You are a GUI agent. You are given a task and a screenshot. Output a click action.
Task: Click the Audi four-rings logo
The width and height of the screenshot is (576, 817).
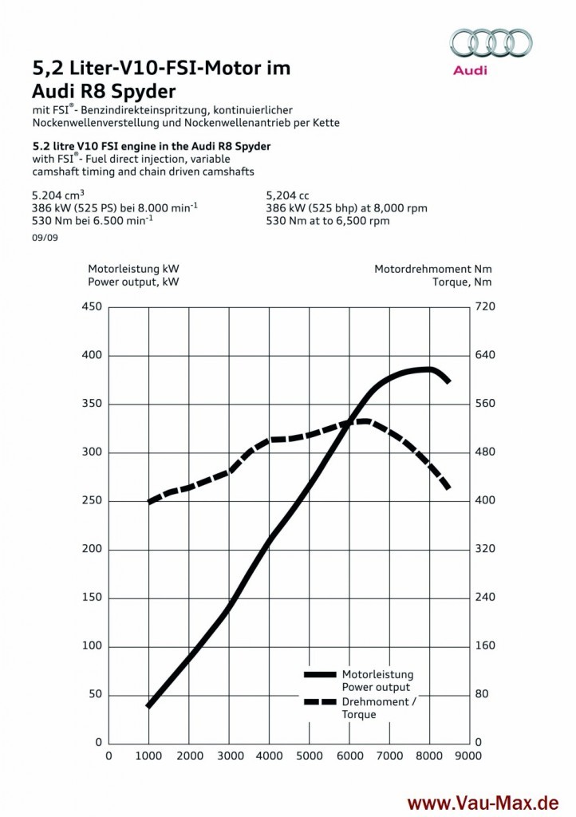coord(491,42)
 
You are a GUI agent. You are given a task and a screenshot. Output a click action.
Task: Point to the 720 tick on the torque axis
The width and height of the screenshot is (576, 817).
coord(486,307)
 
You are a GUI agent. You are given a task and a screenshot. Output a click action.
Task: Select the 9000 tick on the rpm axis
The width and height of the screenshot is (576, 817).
coord(469,755)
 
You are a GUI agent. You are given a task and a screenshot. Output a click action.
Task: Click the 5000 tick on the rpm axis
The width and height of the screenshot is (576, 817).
coord(309,755)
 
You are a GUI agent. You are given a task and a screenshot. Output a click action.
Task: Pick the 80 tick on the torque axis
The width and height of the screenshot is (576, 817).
coord(481,694)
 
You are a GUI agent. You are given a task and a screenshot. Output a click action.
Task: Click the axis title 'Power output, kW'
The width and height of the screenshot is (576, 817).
coord(133,282)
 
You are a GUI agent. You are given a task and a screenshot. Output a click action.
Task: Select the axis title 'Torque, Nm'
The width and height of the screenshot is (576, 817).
coord(462,282)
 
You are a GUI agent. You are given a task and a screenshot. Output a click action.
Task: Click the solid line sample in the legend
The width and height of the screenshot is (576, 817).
coord(319,674)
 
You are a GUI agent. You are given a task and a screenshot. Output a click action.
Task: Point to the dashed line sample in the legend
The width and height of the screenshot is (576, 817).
coord(319,701)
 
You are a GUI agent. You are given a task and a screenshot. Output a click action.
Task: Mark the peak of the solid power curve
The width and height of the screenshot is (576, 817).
coord(428,369)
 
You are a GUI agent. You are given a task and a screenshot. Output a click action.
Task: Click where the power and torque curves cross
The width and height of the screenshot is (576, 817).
coord(349,424)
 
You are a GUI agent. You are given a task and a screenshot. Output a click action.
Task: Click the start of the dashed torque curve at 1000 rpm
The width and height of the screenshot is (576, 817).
coord(149,502)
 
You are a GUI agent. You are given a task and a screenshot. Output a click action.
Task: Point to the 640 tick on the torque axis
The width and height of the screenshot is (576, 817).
coord(486,356)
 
